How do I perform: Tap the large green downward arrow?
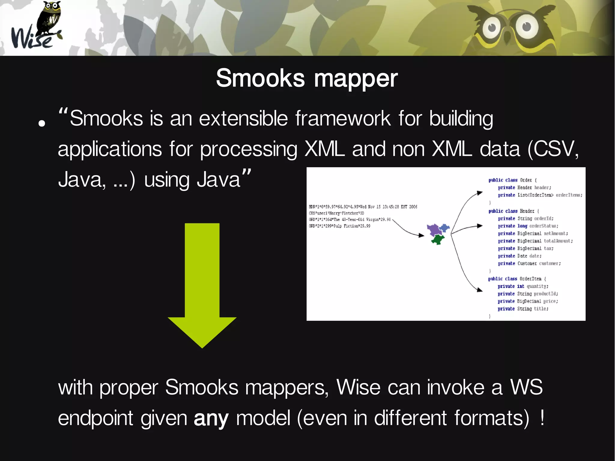202,285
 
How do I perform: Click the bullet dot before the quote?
42,123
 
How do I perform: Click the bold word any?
211,418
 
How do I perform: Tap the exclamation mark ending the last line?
542,417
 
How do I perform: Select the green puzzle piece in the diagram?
438,239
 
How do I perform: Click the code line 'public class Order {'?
512,180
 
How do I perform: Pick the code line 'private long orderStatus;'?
528,226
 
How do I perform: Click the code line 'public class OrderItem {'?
517,279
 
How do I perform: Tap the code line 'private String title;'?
523,309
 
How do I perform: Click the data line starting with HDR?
363,207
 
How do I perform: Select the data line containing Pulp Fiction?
339,226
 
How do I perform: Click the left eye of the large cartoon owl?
492,28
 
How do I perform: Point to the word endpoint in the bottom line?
95,418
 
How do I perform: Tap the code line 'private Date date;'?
520,256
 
